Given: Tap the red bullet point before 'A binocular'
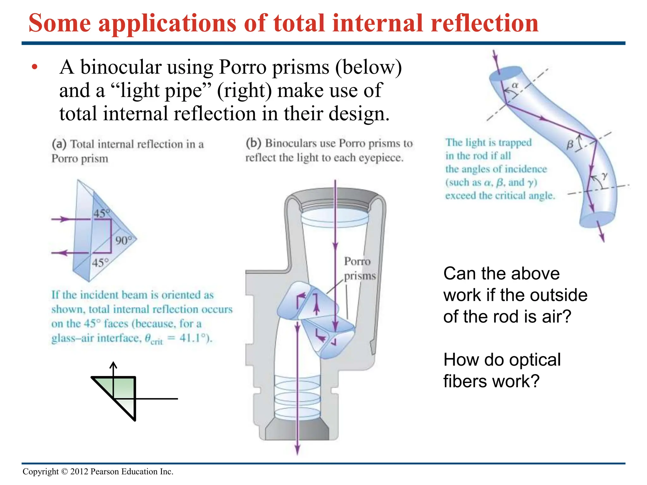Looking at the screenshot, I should click(x=35, y=67).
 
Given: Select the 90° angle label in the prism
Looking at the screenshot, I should click(x=123, y=241).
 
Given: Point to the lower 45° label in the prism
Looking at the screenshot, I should click(x=100, y=263).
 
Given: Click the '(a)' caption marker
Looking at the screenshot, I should click(x=59, y=144).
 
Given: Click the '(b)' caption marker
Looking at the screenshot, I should click(x=253, y=143).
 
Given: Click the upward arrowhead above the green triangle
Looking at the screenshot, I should click(x=113, y=365).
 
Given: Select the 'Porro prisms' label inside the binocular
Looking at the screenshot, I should click(x=359, y=268).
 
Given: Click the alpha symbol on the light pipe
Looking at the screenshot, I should click(x=515, y=85).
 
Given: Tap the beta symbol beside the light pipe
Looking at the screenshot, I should click(x=570, y=145).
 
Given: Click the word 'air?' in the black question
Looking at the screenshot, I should click(x=557, y=316).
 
